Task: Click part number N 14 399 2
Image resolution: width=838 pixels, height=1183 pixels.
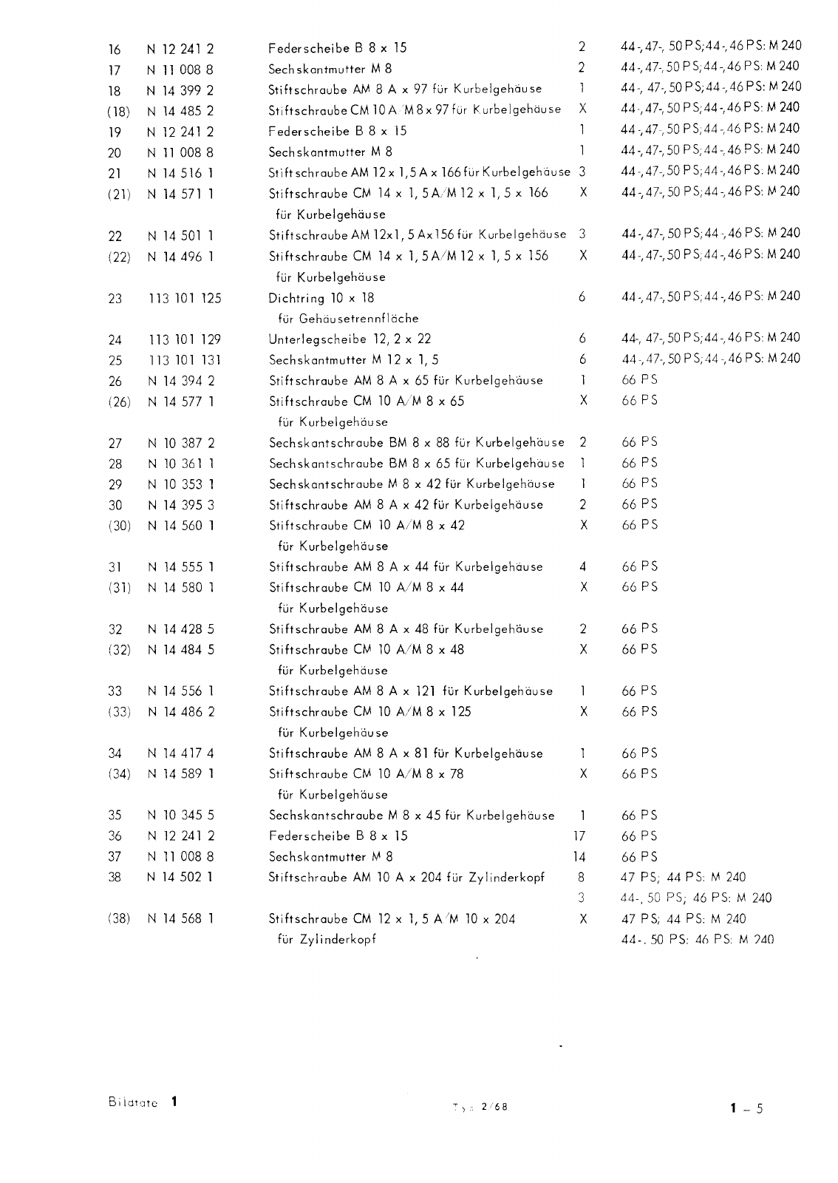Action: coord(180,91)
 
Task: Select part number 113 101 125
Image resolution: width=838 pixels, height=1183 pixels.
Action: coord(185,299)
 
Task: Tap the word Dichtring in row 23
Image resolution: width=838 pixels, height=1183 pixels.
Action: coord(296,299)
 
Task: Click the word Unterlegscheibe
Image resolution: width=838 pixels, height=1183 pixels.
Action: coord(318,339)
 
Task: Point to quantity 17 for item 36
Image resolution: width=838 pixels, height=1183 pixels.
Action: coord(579,836)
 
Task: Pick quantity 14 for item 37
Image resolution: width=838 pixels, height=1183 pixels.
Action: coord(579,857)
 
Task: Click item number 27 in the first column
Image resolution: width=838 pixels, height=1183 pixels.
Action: coord(115,444)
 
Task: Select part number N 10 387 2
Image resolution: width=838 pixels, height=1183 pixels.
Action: coord(180,444)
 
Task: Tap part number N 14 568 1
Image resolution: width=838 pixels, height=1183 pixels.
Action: coord(180,919)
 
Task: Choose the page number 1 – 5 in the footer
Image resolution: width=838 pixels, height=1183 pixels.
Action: coord(746,1108)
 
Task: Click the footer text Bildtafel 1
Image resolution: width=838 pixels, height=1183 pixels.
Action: coord(143,1102)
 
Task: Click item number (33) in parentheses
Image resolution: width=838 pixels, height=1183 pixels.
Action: coord(119,712)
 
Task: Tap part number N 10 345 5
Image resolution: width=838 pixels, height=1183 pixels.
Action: coord(180,816)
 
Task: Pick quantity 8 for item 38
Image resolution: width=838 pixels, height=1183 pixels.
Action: coord(582,878)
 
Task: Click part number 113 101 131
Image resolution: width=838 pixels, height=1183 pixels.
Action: coord(185,361)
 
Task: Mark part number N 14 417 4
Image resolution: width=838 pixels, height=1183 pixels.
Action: coord(180,753)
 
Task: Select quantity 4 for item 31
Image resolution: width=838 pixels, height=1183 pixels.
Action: coord(583,567)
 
